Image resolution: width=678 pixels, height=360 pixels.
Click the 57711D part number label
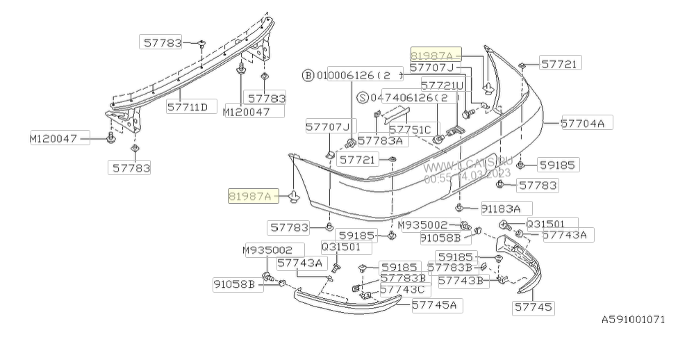click(x=188, y=108)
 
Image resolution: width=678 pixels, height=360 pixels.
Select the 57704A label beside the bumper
click(x=582, y=124)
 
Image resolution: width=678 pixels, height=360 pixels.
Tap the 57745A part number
click(x=438, y=304)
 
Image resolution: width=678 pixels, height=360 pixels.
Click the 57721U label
click(x=436, y=85)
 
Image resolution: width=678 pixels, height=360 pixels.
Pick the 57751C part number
click(x=410, y=129)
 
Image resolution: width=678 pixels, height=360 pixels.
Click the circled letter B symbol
click(x=308, y=75)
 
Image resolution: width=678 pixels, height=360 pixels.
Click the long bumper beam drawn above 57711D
click(x=195, y=69)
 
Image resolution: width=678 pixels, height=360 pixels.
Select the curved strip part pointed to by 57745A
click(x=347, y=303)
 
